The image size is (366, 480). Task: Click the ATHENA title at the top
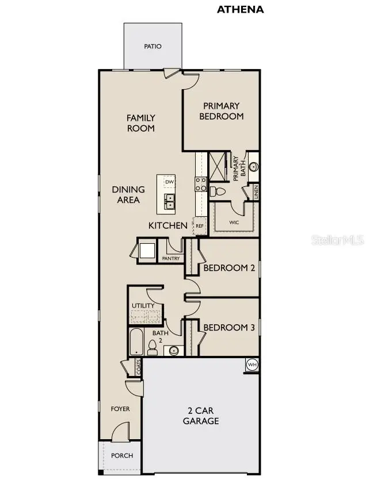point(239,9)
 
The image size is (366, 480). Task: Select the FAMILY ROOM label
point(141,123)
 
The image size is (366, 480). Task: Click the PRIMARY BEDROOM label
point(222,111)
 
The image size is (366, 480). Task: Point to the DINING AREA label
point(128,194)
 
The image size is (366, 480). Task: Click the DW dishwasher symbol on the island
point(169,182)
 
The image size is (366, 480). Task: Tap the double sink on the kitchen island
point(169,201)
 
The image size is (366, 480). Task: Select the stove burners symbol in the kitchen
point(201,184)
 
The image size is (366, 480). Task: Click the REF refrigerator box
point(200,226)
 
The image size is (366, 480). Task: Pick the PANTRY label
point(171,258)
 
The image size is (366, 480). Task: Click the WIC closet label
point(233,221)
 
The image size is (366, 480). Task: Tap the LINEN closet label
point(255,191)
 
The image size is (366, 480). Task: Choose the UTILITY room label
point(143,305)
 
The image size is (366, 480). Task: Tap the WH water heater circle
point(252,364)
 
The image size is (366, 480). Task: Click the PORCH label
point(121,455)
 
